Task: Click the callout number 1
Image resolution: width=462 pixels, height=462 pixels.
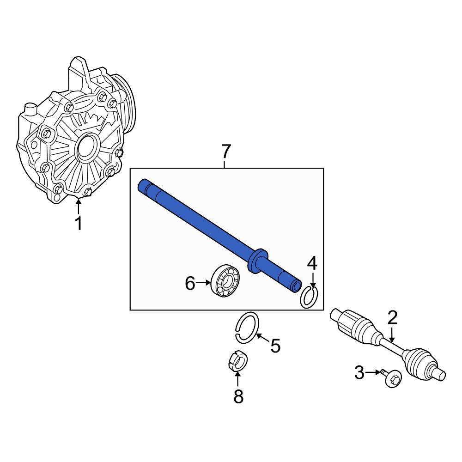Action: tap(79, 224)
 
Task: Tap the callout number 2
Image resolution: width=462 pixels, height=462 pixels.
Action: tap(392, 318)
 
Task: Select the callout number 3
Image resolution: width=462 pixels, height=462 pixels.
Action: tap(359, 373)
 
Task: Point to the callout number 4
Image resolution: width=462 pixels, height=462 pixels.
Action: tap(312, 263)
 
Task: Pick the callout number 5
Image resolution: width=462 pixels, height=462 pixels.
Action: tap(275, 346)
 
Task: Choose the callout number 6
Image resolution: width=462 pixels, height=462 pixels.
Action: tap(190, 284)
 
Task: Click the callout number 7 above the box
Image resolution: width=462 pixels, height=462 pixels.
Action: tap(225, 152)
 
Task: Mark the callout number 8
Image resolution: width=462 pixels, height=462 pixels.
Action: tap(238, 396)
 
